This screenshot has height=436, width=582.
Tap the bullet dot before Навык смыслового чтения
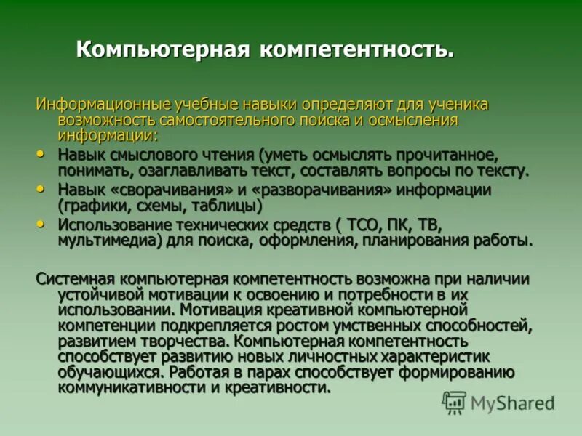click(40, 153)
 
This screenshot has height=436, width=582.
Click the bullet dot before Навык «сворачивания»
click(40, 188)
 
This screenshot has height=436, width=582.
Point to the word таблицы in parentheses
click(239, 206)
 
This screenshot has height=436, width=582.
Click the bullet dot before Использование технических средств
click(40, 222)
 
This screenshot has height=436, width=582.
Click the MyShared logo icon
click(455, 401)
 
